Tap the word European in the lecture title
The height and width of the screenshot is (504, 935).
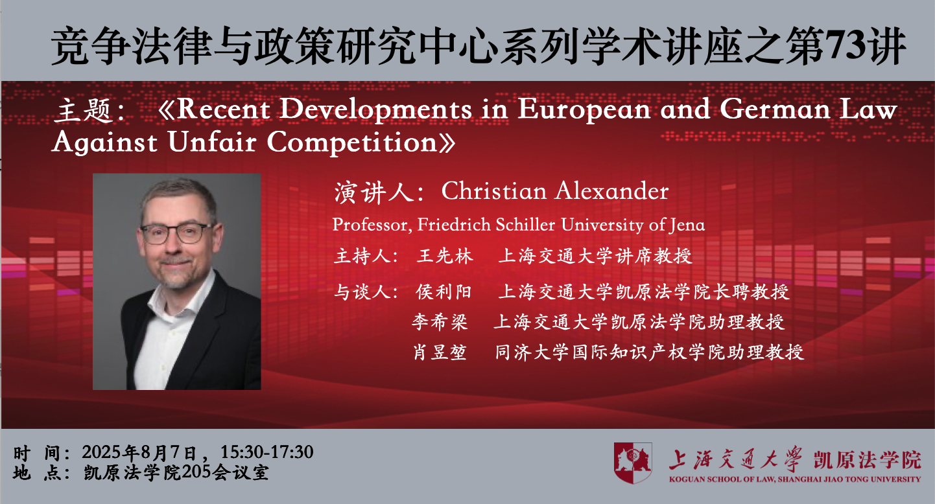click(x=584, y=111)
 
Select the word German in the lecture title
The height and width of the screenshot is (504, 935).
click(x=775, y=109)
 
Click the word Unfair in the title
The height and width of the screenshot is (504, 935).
click(x=212, y=142)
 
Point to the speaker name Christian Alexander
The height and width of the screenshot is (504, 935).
click(x=555, y=191)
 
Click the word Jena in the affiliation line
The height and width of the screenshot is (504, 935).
click(x=687, y=225)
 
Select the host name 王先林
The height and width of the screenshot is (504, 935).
click(x=445, y=256)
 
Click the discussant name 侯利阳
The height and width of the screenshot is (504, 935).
click(x=444, y=292)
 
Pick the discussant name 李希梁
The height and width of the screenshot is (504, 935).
click(x=440, y=322)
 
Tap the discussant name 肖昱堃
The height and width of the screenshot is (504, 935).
click(x=440, y=352)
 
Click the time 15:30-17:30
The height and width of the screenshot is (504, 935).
click(x=266, y=452)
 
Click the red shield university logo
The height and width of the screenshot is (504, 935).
click(x=633, y=463)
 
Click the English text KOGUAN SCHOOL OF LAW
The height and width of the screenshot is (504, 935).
click(x=722, y=479)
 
